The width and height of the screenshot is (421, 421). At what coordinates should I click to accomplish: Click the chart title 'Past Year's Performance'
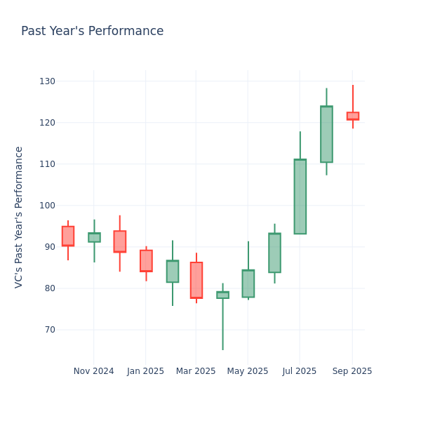click(92, 32)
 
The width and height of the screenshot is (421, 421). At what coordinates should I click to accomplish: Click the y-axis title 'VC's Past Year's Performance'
click(19, 217)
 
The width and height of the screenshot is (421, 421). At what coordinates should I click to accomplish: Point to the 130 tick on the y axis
click(47, 81)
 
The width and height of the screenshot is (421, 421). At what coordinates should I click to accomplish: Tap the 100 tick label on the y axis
click(47, 206)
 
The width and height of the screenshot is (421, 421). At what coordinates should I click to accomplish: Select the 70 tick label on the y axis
click(49, 330)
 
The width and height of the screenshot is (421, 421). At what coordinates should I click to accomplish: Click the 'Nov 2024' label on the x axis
click(93, 371)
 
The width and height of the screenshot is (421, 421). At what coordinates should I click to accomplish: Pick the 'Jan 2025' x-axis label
click(145, 371)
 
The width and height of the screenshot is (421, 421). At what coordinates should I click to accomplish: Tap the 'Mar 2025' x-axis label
click(196, 371)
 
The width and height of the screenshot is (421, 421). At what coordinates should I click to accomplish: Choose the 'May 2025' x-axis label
click(248, 371)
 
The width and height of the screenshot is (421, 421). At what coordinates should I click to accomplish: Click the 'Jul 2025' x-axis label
click(300, 371)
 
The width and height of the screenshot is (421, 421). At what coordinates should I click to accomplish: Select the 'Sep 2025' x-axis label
click(352, 371)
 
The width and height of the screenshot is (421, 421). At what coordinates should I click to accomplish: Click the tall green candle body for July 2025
click(300, 196)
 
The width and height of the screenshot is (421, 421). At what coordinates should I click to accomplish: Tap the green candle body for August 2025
click(326, 134)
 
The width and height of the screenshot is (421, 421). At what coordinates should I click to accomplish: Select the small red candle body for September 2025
click(352, 116)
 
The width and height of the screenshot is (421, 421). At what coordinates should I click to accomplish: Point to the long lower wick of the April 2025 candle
click(222, 324)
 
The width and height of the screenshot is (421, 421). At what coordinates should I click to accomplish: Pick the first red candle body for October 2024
click(67, 236)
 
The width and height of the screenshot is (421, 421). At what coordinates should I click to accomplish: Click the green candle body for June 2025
click(274, 253)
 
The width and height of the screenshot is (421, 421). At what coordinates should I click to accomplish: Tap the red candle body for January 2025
click(146, 260)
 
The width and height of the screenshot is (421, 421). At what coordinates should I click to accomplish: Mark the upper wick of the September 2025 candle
click(352, 98)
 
